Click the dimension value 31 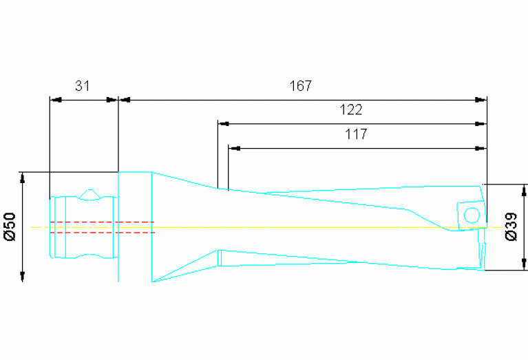(x=83, y=86)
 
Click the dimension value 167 (x=301, y=86)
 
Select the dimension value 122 (x=350, y=110)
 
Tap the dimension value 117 (x=356, y=134)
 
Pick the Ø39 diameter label (x=511, y=226)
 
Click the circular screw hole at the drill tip (x=472, y=215)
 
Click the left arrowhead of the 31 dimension (x=55, y=100)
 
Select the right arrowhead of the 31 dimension (x=112, y=100)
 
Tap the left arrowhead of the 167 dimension (x=125, y=100)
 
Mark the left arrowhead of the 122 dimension (x=223, y=125)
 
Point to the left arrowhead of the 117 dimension (x=234, y=148)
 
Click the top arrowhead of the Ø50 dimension (x=23, y=178)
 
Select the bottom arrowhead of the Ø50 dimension (x=23, y=276)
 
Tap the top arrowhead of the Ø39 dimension (x=525, y=189)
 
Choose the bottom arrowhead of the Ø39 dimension (x=525, y=265)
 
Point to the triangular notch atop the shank (x=90, y=194)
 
